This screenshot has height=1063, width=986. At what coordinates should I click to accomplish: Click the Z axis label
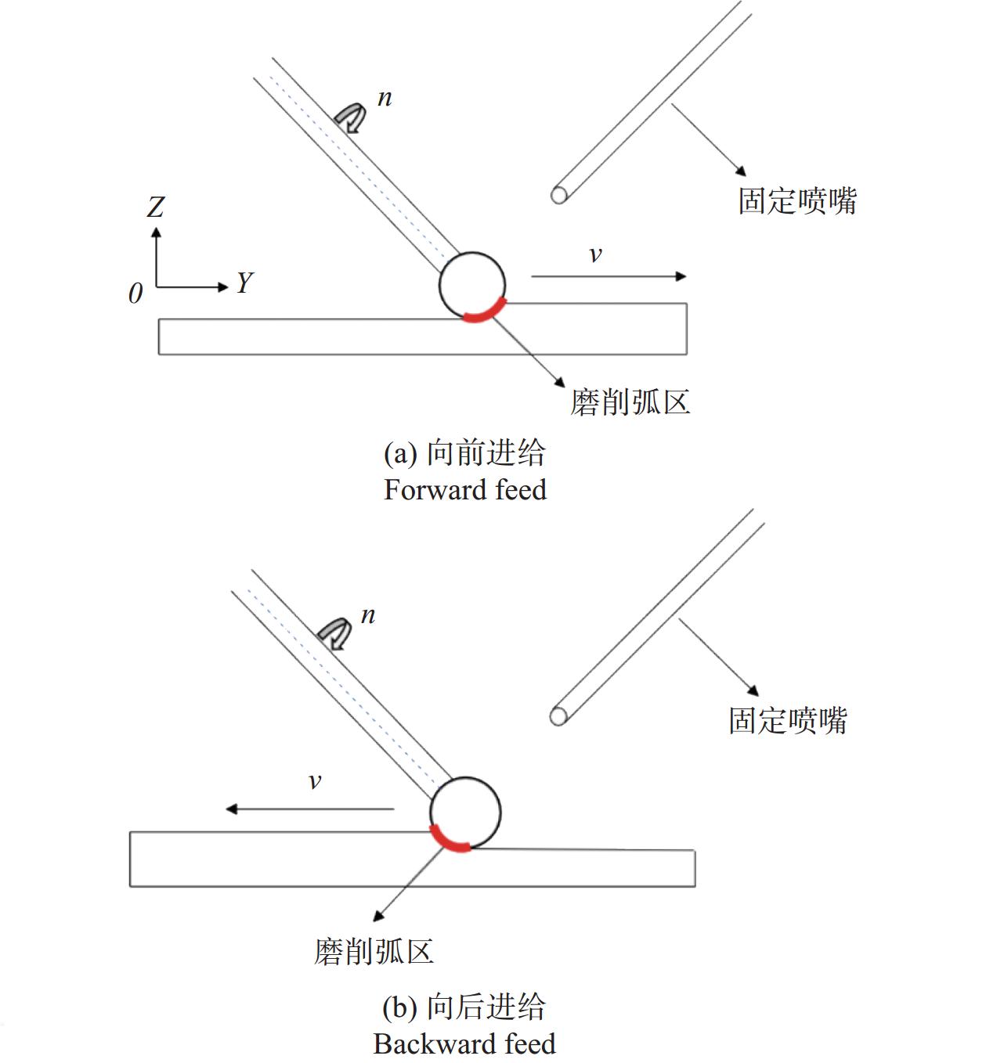(x=156, y=207)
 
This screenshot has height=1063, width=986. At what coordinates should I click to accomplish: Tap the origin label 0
(x=135, y=294)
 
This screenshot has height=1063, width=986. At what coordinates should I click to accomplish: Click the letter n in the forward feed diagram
(x=385, y=99)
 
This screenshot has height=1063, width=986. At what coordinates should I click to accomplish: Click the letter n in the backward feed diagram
(x=368, y=616)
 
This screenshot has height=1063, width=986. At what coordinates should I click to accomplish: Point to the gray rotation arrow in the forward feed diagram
(x=351, y=117)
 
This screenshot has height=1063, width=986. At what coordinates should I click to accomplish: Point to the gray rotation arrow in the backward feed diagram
(x=334, y=634)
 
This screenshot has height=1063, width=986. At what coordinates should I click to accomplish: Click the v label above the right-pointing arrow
(x=595, y=254)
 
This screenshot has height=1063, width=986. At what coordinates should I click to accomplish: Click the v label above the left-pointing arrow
(x=315, y=782)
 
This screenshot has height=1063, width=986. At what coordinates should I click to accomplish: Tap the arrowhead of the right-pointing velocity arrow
(x=681, y=276)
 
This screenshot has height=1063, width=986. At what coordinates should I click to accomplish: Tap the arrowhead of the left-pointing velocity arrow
(x=232, y=809)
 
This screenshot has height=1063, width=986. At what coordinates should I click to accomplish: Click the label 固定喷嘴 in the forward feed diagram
(x=797, y=201)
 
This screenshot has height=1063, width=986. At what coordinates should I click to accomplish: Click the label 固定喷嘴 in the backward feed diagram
(x=788, y=720)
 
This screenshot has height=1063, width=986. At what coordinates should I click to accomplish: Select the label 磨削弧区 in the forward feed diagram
(x=630, y=402)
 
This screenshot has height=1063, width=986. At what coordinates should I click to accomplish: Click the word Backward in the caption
(x=435, y=1043)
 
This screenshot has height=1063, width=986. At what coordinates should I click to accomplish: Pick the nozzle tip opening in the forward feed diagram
(x=558, y=196)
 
